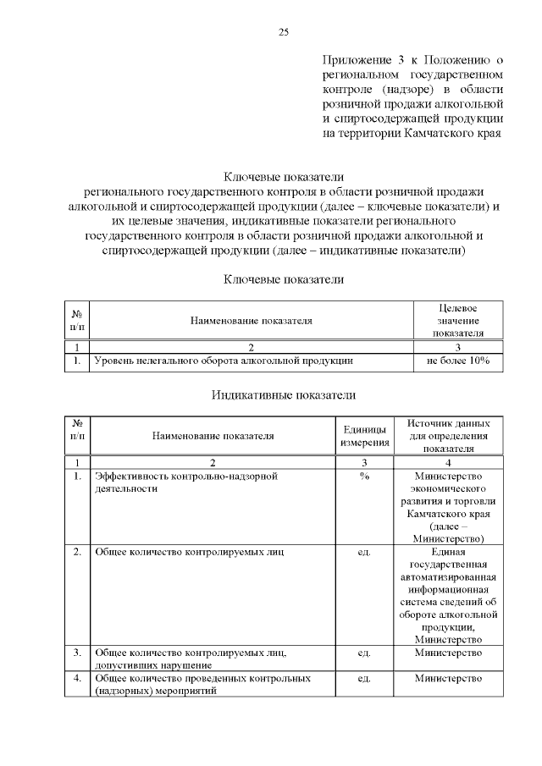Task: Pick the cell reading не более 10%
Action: click(x=458, y=361)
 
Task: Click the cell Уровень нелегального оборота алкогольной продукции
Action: click(x=223, y=361)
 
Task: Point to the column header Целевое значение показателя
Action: click(x=458, y=321)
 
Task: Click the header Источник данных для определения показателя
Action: click(x=448, y=436)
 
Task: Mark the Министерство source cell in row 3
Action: click(x=448, y=653)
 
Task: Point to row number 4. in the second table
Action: click(x=77, y=679)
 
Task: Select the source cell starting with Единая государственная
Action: click(x=448, y=594)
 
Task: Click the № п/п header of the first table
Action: click(x=77, y=321)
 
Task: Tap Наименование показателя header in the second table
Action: click(x=213, y=437)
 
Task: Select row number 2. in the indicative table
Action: click(x=77, y=553)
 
